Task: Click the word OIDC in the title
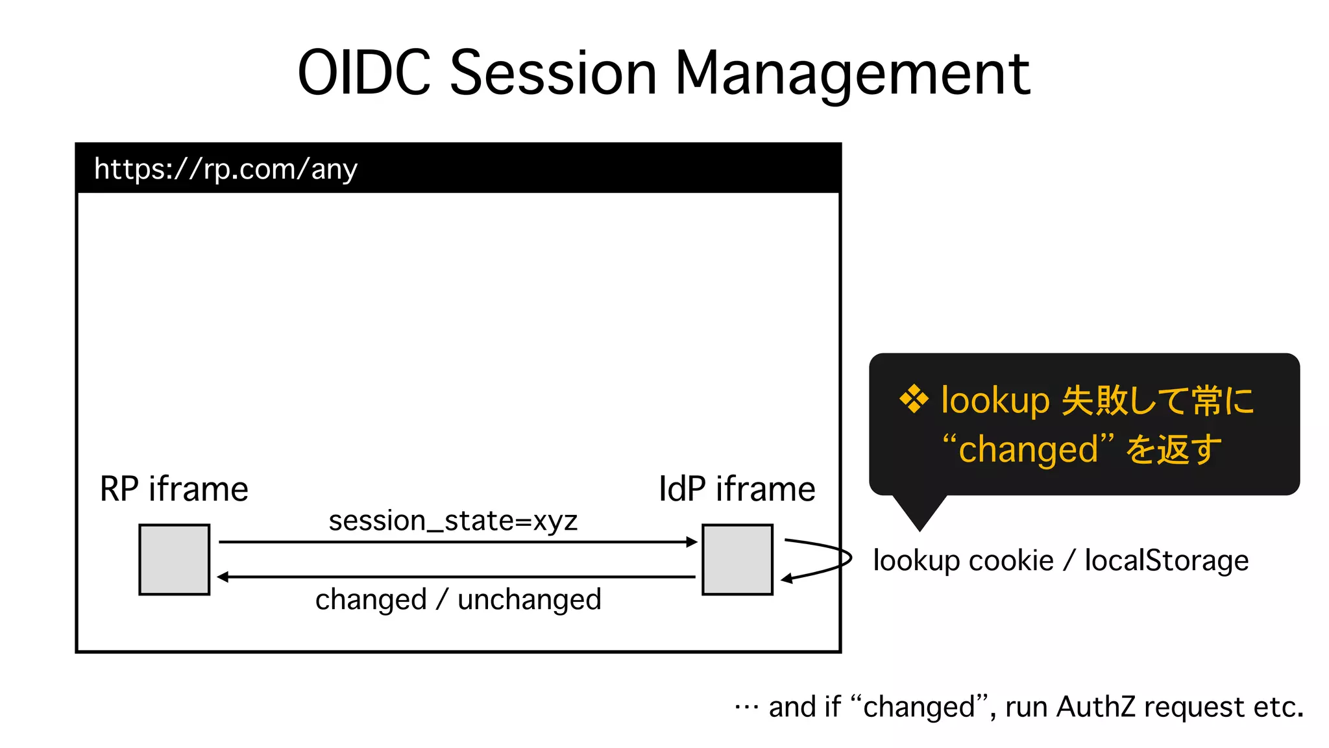click(x=364, y=73)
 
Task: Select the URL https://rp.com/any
click(x=226, y=169)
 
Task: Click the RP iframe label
click(x=174, y=489)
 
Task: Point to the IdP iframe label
click(x=737, y=489)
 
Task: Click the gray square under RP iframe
click(x=175, y=560)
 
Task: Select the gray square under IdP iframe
click(x=737, y=560)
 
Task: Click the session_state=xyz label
click(x=453, y=521)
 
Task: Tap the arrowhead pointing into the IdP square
click(x=692, y=542)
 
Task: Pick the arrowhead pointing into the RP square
click(x=223, y=577)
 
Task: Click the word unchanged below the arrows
click(x=529, y=599)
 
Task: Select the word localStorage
click(x=1166, y=560)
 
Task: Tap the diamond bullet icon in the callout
click(x=914, y=399)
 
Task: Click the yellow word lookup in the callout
click(x=995, y=400)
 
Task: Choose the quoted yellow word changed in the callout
click(x=1028, y=449)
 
